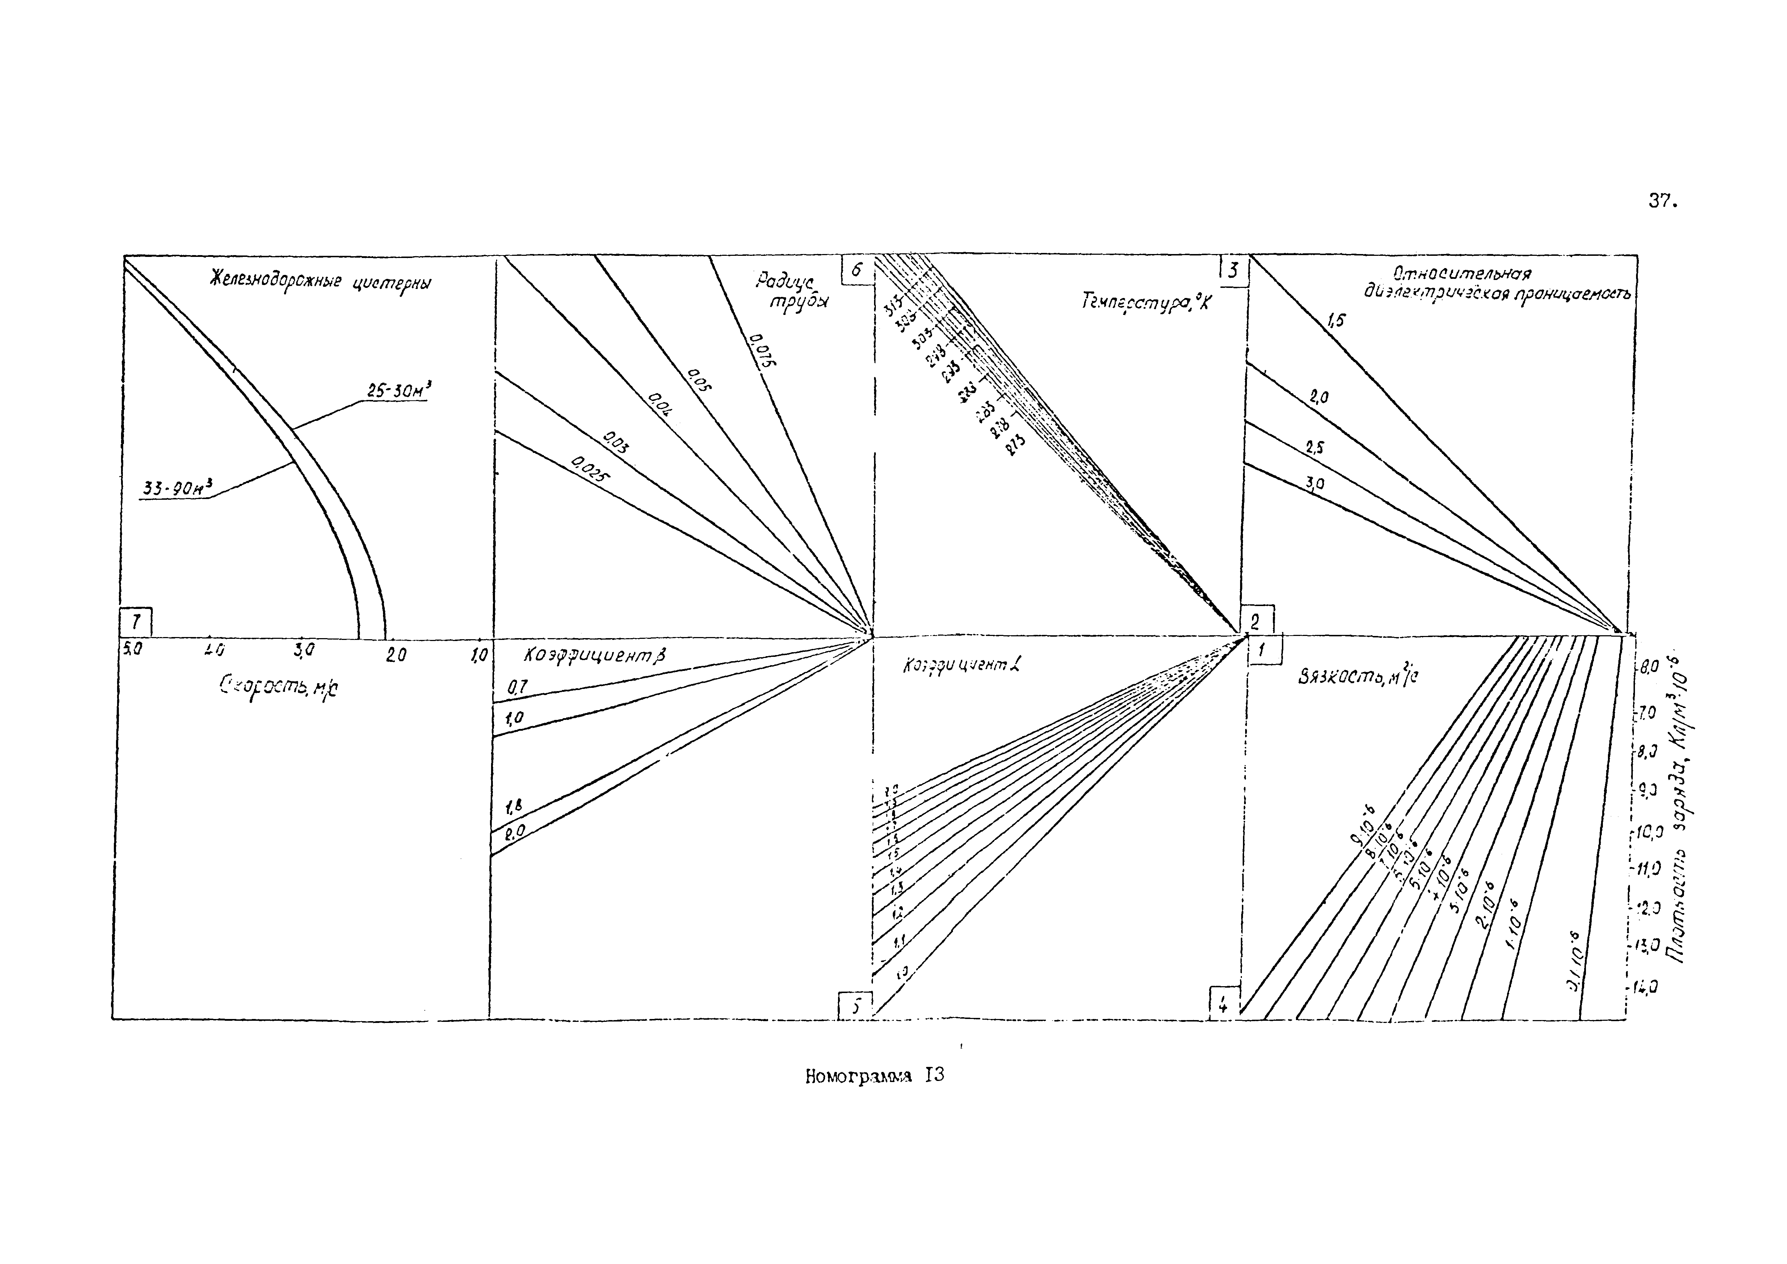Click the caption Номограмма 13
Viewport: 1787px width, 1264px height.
click(x=874, y=1076)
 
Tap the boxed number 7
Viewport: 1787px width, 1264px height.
click(x=136, y=622)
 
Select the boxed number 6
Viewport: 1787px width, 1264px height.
click(x=857, y=270)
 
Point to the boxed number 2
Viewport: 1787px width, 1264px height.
click(x=1255, y=620)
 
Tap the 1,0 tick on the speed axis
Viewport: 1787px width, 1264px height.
click(x=478, y=655)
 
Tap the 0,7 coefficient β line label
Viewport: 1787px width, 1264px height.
click(x=518, y=687)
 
